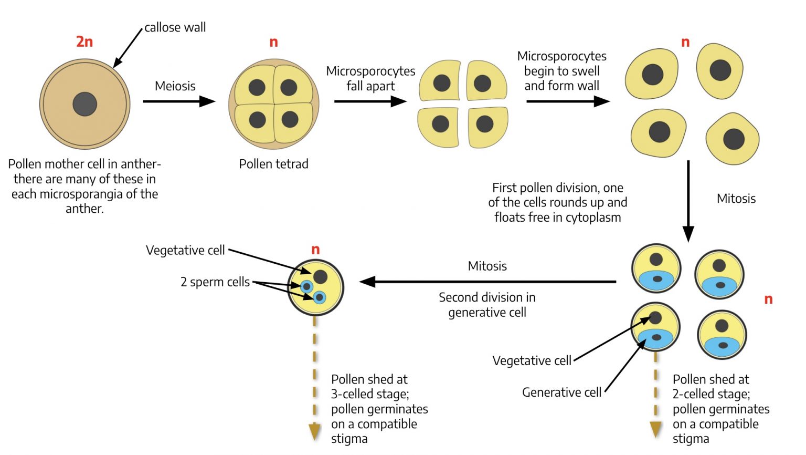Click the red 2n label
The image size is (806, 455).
[x=84, y=42]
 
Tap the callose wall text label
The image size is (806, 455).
[x=175, y=27]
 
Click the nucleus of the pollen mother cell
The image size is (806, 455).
[x=84, y=104]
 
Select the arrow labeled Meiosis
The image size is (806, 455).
[x=178, y=101]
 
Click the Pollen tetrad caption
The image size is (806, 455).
[x=273, y=164]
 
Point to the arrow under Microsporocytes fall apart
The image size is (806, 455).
[x=370, y=101]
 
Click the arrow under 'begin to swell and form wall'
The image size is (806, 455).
[x=567, y=101]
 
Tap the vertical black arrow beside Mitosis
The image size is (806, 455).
[x=688, y=200]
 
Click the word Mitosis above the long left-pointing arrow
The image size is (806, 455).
[x=487, y=266]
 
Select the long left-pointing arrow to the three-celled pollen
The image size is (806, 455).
[x=488, y=282]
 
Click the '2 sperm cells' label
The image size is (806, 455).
[x=215, y=282]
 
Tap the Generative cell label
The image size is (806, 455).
[x=561, y=392]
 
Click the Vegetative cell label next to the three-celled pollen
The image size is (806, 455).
[x=185, y=250]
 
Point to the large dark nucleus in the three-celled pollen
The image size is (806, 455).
[x=320, y=277]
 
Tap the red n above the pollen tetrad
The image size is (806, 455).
[x=273, y=42]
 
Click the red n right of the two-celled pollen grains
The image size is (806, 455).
[x=768, y=299]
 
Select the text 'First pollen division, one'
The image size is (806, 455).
[x=557, y=188]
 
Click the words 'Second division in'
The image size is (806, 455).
[x=487, y=297]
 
